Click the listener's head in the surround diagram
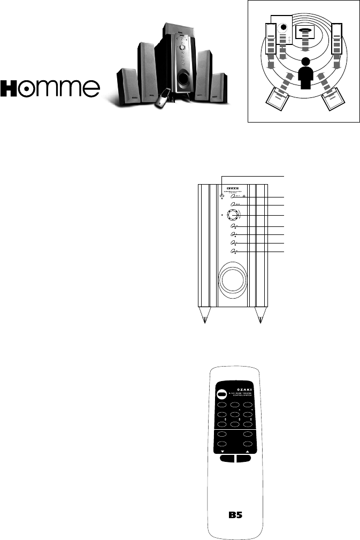(305, 62)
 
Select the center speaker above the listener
(305, 33)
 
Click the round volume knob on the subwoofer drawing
(233, 216)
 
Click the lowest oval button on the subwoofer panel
(233, 251)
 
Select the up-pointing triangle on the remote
(248, 452)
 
